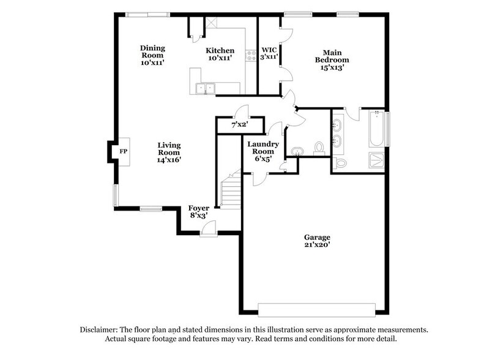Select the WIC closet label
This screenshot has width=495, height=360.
[270, 53]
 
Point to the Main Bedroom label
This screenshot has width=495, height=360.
[332, 60]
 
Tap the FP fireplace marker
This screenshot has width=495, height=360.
[122, 151]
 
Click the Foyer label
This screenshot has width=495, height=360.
[198, 211]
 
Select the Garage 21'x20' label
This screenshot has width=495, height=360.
[318, 241]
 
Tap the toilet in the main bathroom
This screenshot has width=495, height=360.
[341, 163]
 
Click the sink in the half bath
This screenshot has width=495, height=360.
[298, 151]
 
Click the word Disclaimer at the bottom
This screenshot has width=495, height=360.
[101, 329]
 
